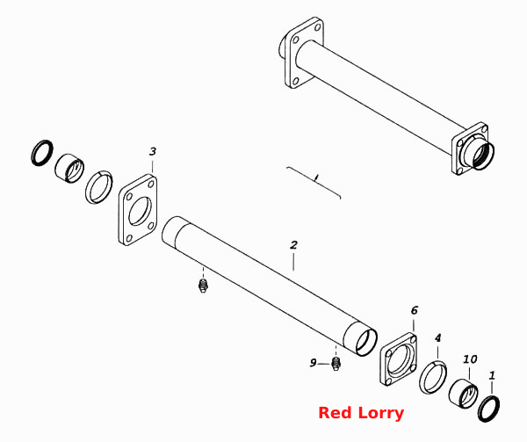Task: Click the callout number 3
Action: coord(153,151)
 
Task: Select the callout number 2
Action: coord(294,244)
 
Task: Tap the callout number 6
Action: coord(414,310)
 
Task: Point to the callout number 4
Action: coord(437,337)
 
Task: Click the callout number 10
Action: coord(470,359)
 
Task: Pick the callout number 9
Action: coord(313,363)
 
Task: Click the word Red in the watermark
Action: coord(335,413)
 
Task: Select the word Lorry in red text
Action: coord(381,414)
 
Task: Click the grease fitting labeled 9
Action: coord(336,363)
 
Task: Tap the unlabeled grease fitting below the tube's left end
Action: coord(203,286)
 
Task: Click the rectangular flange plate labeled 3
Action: coord(138,209)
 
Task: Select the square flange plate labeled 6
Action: coord(399,359)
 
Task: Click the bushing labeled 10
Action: coord(464,393)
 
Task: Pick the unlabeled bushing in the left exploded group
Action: coord(69,169)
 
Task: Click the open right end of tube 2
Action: coord(366,342)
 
